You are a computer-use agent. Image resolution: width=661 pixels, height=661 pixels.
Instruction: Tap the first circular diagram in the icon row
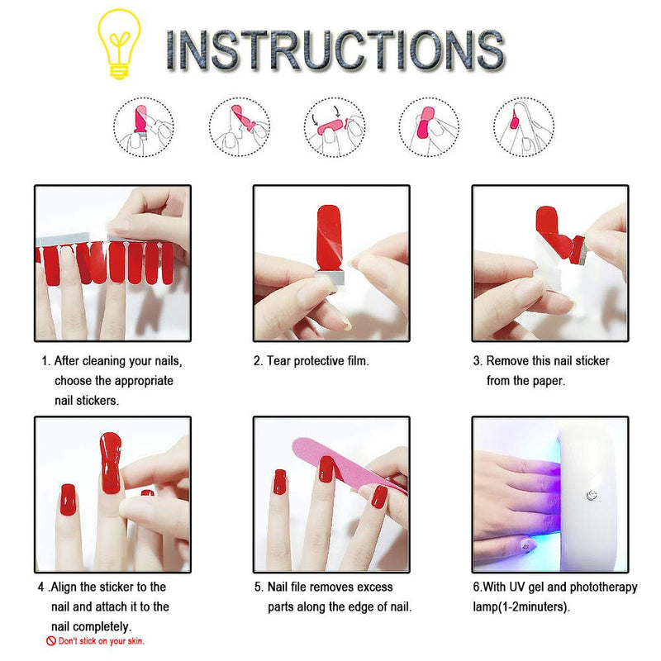143,126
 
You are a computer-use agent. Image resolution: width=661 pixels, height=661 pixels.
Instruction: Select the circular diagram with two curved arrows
334,126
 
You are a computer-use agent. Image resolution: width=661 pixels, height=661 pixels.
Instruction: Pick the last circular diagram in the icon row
524,126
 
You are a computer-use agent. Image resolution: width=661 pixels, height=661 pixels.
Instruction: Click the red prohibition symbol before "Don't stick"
50,640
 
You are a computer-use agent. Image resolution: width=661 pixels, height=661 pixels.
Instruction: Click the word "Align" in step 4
68,587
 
